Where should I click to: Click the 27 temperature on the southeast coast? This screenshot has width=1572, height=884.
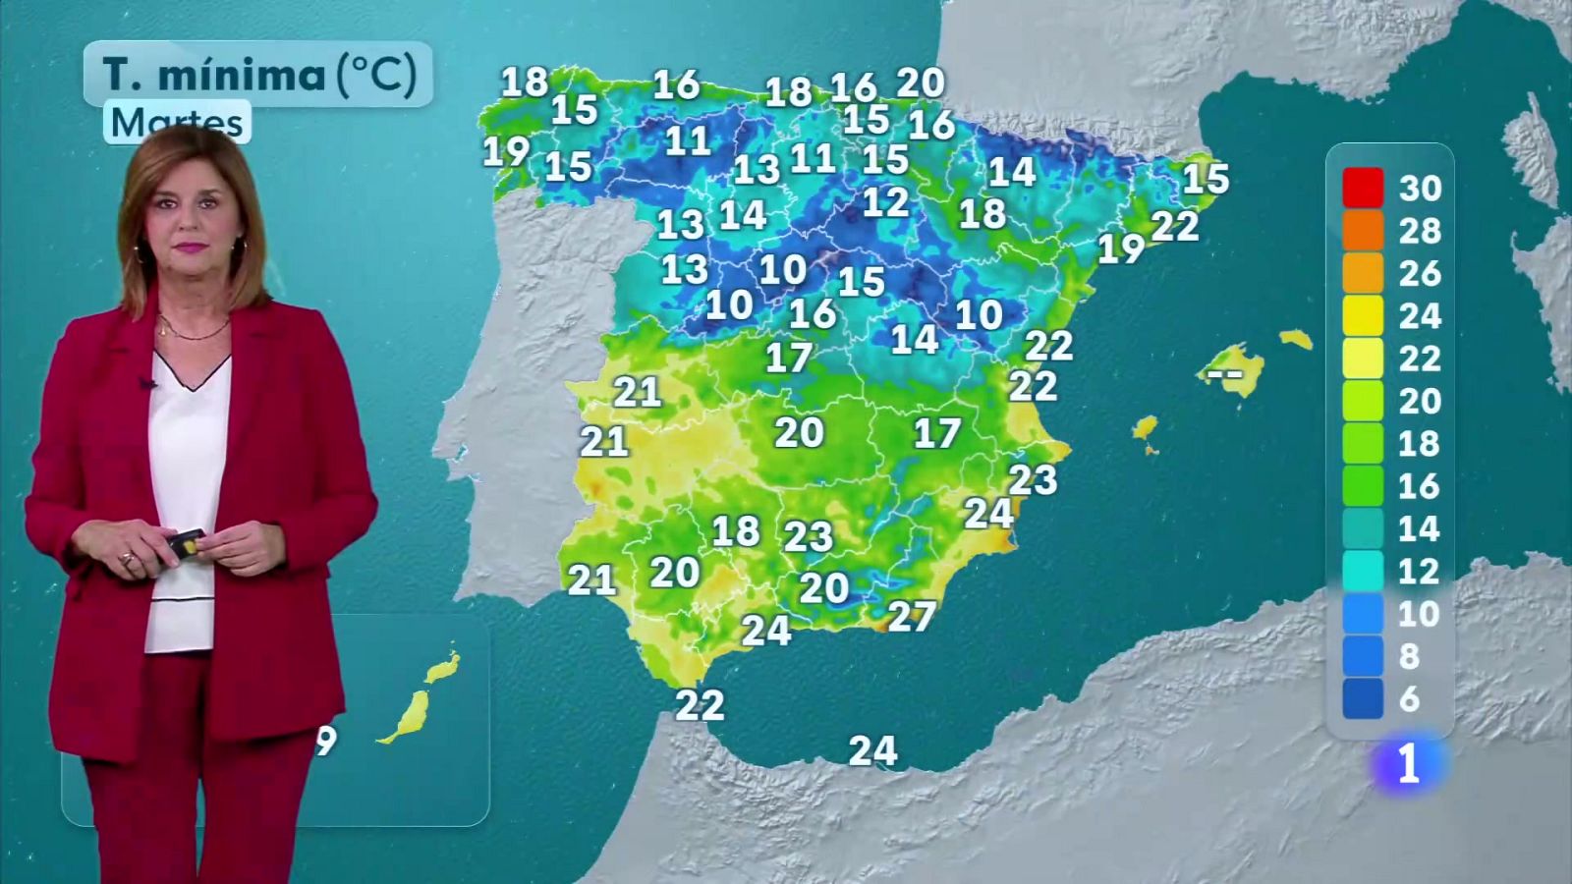pos(911,616)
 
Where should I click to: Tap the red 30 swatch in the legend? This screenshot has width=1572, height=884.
pos(1363,188)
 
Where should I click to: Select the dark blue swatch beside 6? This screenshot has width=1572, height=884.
pos(1363,698)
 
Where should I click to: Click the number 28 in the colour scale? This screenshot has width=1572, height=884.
pos(1420,231)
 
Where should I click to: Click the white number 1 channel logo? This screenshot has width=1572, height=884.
pos(1408,764)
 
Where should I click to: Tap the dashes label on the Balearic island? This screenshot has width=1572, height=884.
pos(1224,373)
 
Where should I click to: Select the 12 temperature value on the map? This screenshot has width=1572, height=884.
pos(885,202)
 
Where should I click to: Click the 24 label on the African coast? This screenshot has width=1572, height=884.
pos(872,751)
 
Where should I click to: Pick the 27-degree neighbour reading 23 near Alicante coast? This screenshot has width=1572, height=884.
pos(1033,479)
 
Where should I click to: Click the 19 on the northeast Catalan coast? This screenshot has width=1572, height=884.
pos(1121,249)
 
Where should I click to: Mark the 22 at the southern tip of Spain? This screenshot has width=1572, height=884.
pos(700,704)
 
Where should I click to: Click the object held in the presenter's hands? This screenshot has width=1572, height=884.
pos(186,543)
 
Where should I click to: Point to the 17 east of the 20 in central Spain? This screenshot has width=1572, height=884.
pos(936,433)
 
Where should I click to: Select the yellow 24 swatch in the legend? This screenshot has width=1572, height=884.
pos(1363,315)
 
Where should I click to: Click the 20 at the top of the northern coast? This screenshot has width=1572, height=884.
pos(921,83)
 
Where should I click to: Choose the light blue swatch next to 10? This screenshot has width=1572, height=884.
pos(1363,614)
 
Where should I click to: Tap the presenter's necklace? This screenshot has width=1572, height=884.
pos(192,334)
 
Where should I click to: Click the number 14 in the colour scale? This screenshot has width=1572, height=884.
pos(1420,528)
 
